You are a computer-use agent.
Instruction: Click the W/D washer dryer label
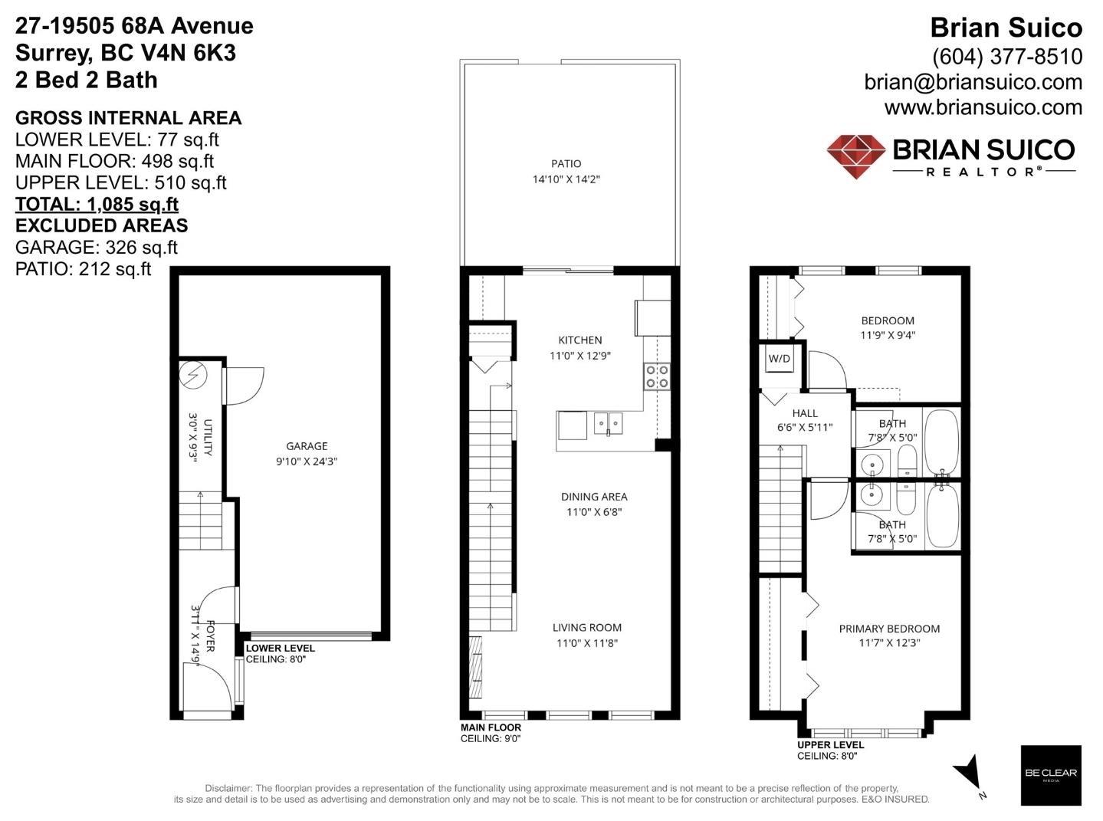pyautogui.click(x=780, y=359)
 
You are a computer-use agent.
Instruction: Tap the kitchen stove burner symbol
pyautogui.click(x=657, y=376)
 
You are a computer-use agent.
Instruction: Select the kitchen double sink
pyautogui.click(x=609, y=422)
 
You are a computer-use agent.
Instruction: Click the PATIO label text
pyautogui.click(x=566, y=163)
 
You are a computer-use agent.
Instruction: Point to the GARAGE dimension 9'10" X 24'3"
pyautogui.click(x=307, y=461)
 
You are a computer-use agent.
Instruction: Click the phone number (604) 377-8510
pyautogui.click(x=1006, y=57)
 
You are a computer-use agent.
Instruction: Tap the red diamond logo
pyautogui.click(x=856, y=156)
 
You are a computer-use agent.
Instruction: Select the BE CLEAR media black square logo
pyautogui.click(x=1050, y=774)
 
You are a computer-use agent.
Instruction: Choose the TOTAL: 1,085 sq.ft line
pyautogui.click(x=97, y=205)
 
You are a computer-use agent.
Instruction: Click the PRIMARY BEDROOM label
pyautogui.click(x=889, y=629)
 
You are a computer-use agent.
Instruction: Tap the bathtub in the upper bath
pyautogui.click(x=941, y=442)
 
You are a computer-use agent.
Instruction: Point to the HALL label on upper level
pyautogui.click(x=805, y=413)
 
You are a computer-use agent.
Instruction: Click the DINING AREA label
pyautogui.click(x=594, y=497)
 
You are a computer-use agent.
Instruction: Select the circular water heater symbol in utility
pyautogui.click(x=192, y=375)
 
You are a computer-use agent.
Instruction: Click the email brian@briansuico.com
pyautogui.click(x=973, y=82)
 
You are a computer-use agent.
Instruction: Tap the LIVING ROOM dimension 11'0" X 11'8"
pyautogui.click(x=586, y=643)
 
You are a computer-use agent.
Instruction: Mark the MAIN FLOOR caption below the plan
pyautogui.click(x=491, y=727)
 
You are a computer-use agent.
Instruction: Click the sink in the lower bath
pyautogui.click(x=871, y=494)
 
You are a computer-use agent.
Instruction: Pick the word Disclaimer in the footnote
pyautogui.click(x=228, y=788)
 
